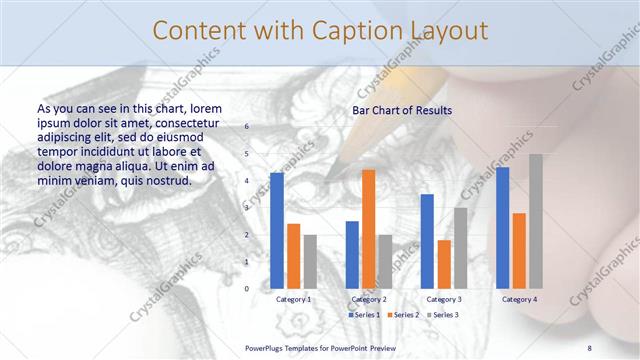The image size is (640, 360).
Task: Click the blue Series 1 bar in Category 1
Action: pyautogui.click(x=277, y=231)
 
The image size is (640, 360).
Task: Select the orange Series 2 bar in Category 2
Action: pyautogui.click(x=369, y=229)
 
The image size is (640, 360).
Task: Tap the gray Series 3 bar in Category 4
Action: pyautogui.click(x=536, y=221)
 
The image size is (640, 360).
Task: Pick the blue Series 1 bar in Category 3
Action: pyautogui.click(x=427, y=241)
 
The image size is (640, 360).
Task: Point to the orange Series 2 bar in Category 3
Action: pyautogui.click(x=444, y=264)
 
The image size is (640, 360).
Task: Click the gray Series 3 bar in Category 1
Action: pyautogui.click(x=310, y=261)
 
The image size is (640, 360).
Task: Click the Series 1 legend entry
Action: pyautogui.click(x=364, y=315)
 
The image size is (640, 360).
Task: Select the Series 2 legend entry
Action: pyautogui.click(x=403, y=315)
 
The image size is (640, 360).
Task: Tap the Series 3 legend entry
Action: pyautogui.click(x=442, y=315)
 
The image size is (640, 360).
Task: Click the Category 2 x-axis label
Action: pyautogui.click(x=369, y=299)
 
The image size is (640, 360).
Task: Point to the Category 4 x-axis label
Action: pyautogui.click(x=519, y=299)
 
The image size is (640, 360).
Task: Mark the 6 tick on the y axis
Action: pyautogui.click(x=247, y=127)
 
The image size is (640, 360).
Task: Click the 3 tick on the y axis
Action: pyautogui.click(x=247, y=208)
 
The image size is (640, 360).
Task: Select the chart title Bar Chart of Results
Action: pyautogui.click(x=402, y=111)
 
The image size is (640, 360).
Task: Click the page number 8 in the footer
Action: pyautogui.click(x=589, y=348)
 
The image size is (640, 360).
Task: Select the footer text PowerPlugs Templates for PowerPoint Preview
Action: pyautogui.click(x=320, y=348)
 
